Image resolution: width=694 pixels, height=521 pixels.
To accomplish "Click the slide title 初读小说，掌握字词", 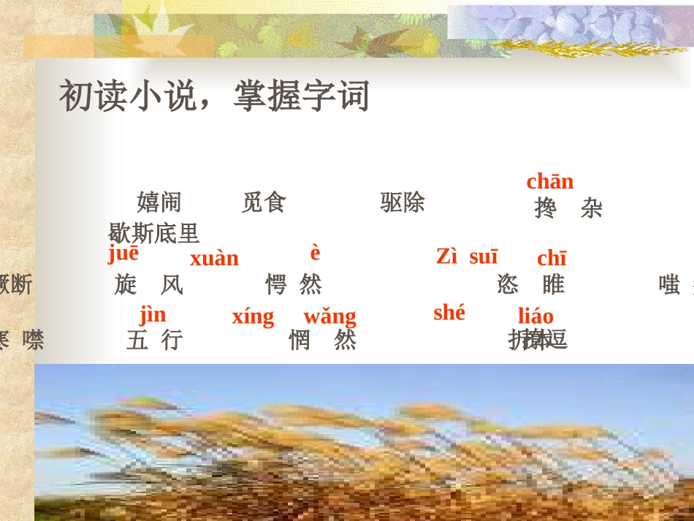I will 214,96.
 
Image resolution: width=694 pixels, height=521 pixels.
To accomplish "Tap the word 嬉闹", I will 159,202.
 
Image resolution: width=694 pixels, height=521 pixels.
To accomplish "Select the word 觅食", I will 263,202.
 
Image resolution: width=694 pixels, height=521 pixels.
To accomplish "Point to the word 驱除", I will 402,202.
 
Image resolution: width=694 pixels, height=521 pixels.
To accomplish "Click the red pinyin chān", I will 550,181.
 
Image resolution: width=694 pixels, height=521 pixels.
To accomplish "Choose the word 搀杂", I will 568,209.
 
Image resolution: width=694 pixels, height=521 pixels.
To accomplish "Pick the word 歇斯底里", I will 153,233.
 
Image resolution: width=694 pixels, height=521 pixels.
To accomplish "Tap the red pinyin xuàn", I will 214,259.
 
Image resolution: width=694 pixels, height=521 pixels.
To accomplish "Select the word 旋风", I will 148,284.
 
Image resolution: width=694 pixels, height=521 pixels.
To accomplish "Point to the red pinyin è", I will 315,253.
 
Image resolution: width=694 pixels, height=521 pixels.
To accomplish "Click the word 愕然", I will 293,284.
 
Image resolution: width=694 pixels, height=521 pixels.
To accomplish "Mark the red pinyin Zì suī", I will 467,256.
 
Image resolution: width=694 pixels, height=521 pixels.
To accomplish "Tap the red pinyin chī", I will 552,259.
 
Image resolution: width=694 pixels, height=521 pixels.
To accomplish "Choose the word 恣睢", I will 530,284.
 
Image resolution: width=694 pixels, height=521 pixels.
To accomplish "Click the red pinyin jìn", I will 153,315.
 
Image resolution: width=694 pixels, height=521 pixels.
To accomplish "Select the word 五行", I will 153,340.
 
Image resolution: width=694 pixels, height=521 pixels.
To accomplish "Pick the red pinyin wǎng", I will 329,317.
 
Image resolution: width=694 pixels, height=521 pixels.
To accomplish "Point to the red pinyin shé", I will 449,313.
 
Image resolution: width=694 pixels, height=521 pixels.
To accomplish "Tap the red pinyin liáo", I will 535,316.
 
